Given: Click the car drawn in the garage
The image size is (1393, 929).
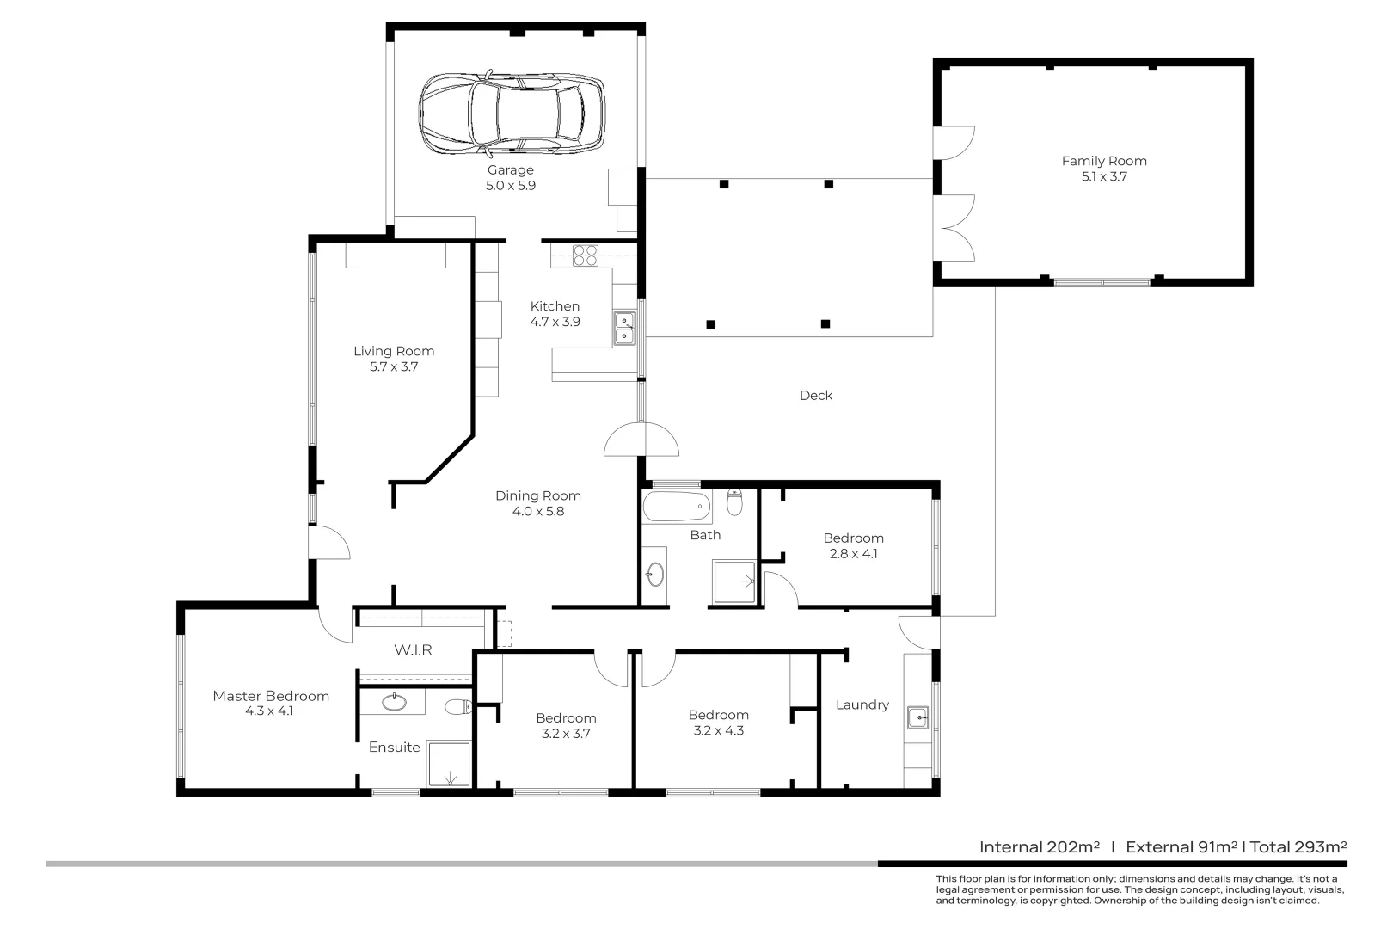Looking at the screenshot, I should [x=511, y=113].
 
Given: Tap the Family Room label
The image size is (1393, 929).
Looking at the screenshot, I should [x=1104, y=161].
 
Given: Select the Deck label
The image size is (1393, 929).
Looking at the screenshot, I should [x=815, y=396].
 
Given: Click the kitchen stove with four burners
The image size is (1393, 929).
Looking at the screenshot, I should [x=586, y=255].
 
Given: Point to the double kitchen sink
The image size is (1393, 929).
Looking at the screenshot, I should [x=624, y=329].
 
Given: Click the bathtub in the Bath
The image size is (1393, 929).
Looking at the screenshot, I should [x=677, y=507].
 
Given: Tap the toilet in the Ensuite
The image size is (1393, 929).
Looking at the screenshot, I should [x=457, y=708].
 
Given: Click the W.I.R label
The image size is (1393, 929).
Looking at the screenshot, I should [x=413, y=650].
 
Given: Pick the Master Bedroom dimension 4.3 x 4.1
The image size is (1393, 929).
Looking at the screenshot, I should [x=269, y=711].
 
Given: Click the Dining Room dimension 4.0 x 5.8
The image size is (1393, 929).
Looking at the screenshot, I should [x=537, y=512].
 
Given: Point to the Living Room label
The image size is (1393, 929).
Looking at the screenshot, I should [x=394, y=351].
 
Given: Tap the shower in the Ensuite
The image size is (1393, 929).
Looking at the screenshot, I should [x=449, y=764].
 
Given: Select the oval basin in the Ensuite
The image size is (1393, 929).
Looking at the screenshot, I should [x=395, y=703].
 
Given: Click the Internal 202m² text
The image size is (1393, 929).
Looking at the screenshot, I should [x=1039, y=847].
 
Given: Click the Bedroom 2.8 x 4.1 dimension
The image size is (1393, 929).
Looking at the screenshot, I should [x=853, y=554].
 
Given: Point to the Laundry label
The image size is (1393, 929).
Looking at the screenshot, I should [x=862, y=705].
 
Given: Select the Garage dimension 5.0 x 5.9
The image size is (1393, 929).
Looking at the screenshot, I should [x=511, y=186].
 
